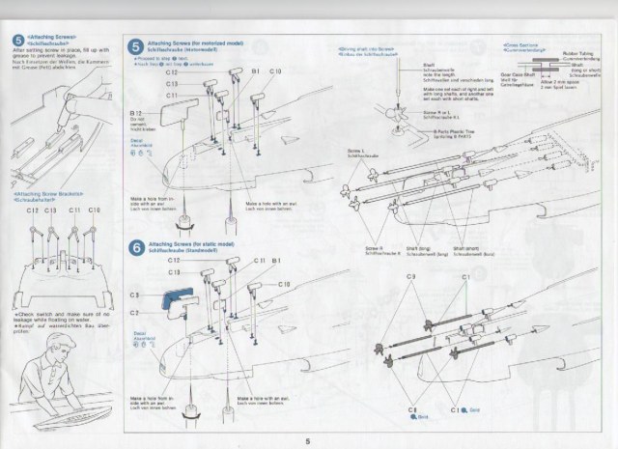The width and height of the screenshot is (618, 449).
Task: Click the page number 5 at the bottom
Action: (308, 440)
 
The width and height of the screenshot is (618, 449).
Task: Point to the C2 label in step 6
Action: (134, 313)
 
